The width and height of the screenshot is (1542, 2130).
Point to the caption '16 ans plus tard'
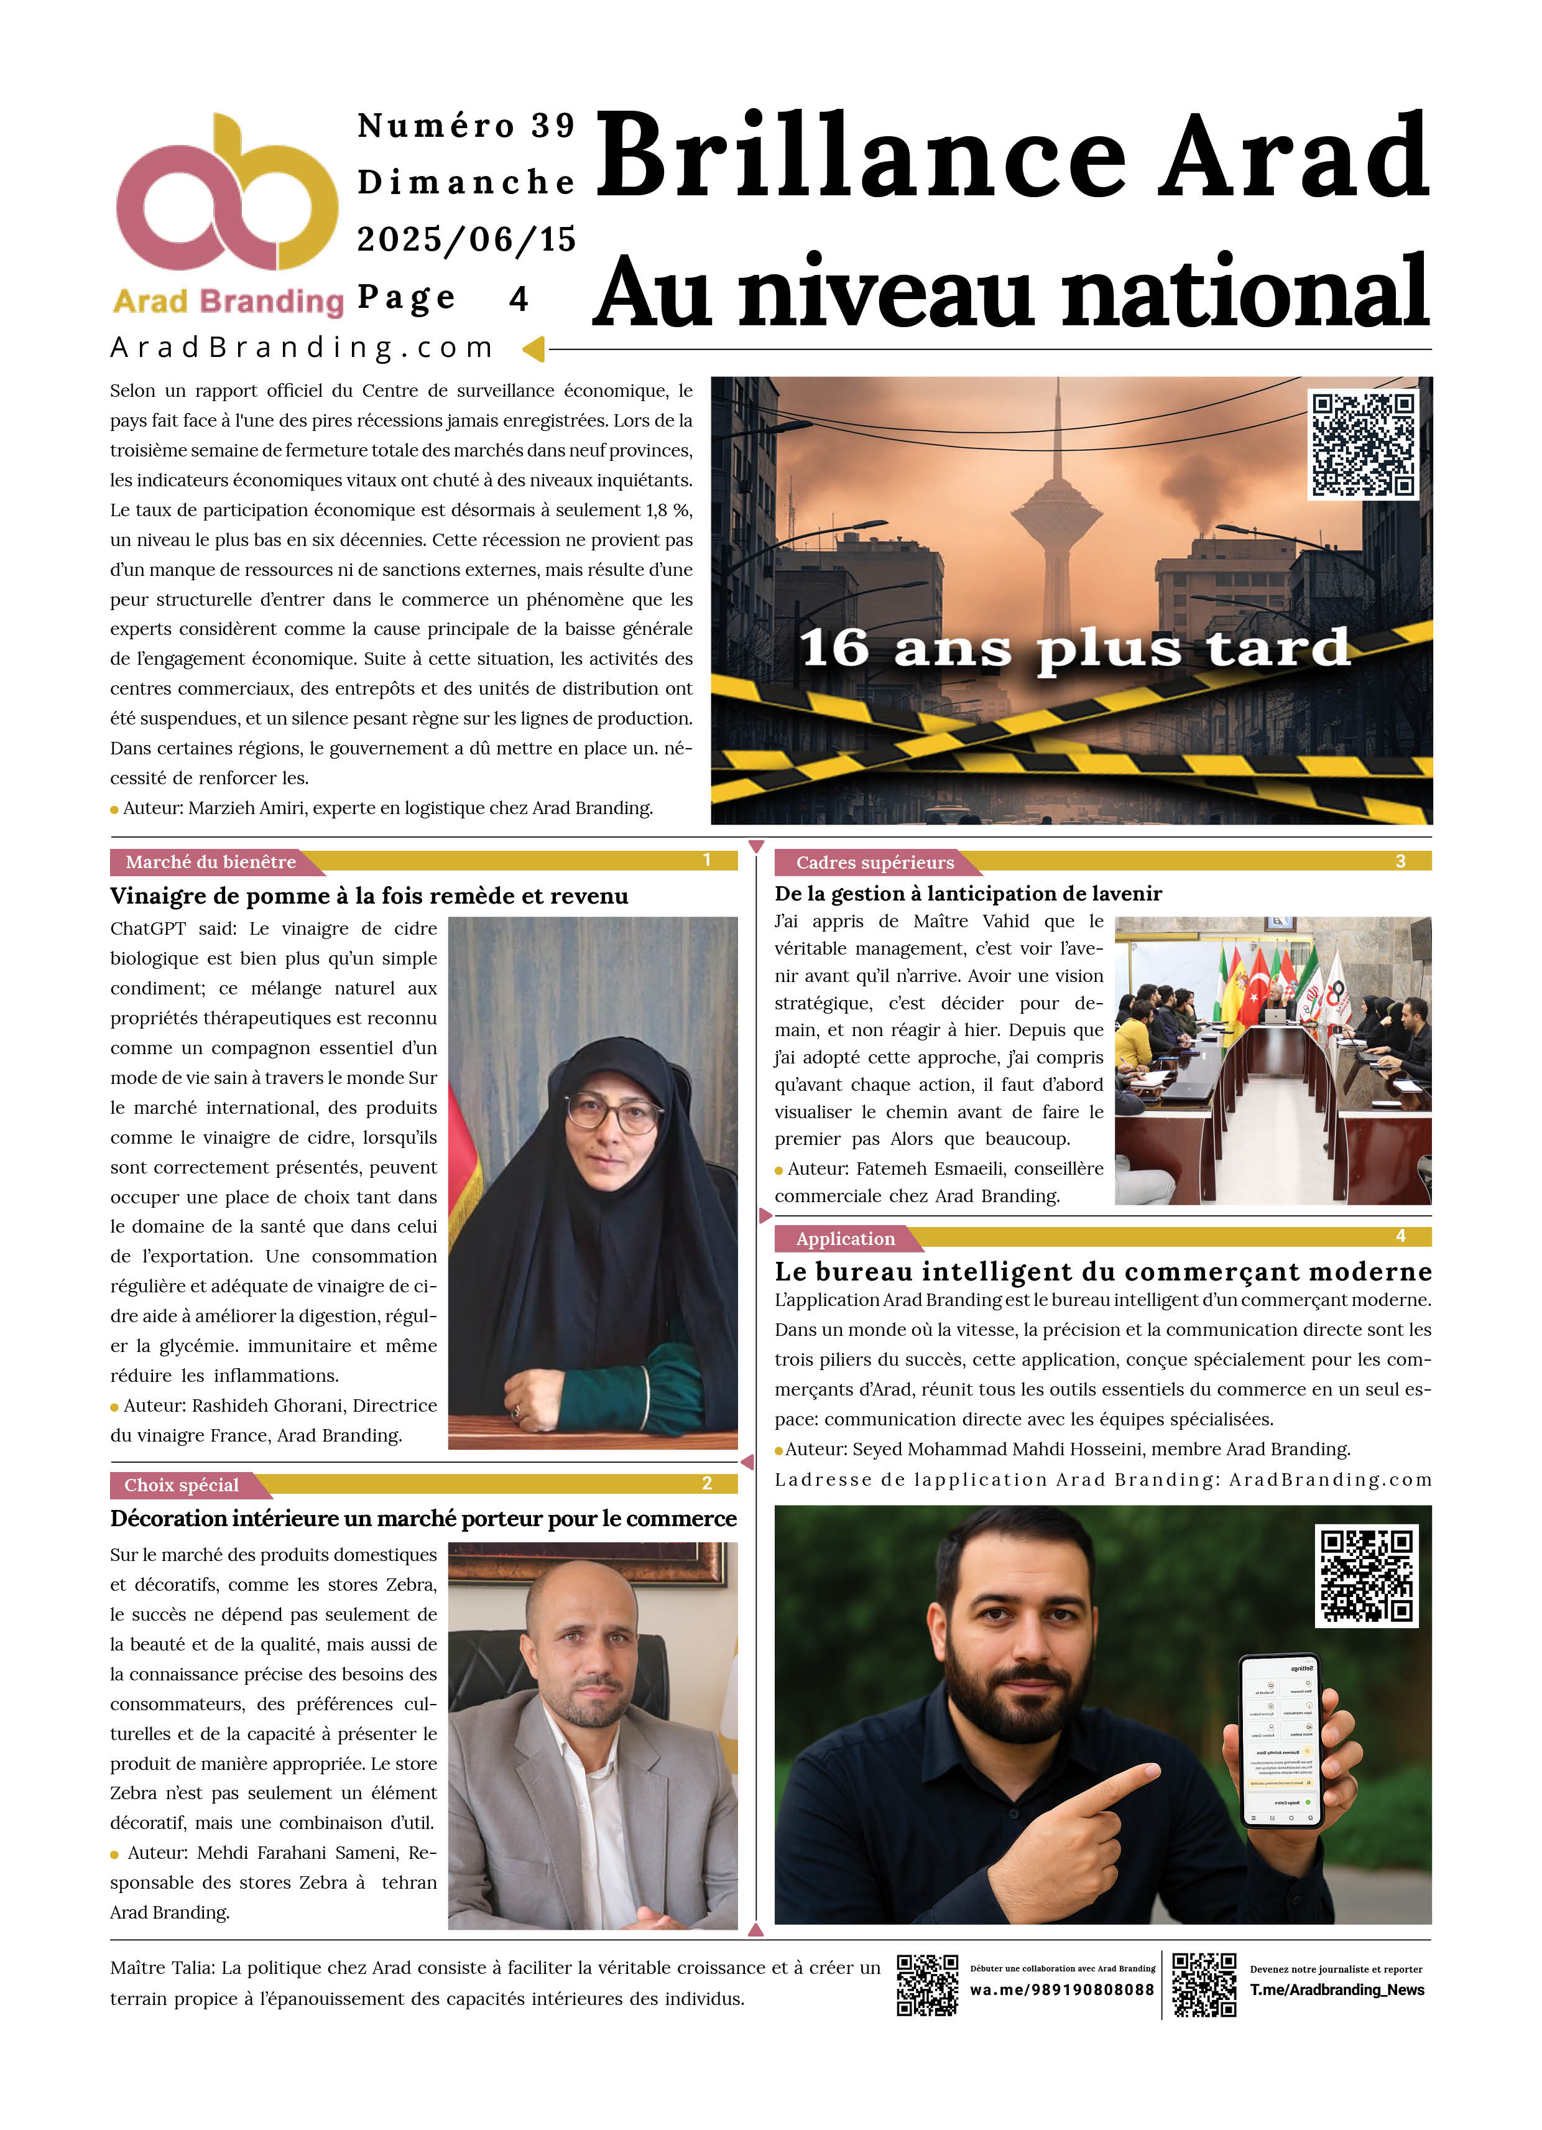pyautogui.click(x=1073, y=648)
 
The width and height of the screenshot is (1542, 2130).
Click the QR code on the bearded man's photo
pyautogui.click(x=1367, y=1575)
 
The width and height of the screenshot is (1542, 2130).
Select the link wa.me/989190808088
pyautogui.click(x=1061, y=1989)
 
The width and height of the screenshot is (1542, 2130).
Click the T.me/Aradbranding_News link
pyautogui.click(x=1336, y=1989)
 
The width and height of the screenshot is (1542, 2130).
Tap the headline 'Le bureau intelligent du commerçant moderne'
pyautogui.click(x=1102, y=1272)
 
